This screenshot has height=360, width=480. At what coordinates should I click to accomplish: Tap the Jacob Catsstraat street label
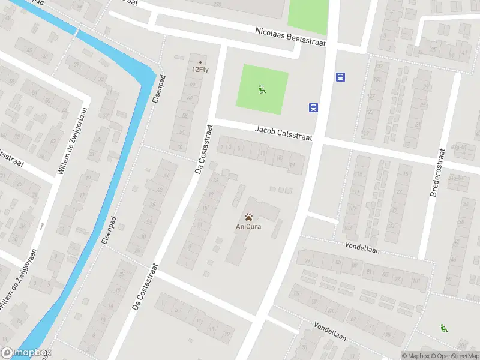coord(284,133)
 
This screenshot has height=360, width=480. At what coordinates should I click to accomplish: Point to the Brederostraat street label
coord(436,174)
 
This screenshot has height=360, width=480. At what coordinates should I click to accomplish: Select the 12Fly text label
coord(200,69)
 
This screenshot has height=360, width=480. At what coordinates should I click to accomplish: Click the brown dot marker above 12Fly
coord(200,62)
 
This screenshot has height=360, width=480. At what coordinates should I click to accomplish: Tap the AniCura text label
coord(248,226)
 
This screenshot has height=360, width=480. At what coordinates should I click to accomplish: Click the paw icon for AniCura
coord(248,216)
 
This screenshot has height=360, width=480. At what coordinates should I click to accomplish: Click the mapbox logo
coord(26,353)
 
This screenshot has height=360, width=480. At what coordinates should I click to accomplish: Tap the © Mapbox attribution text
coord(415,356)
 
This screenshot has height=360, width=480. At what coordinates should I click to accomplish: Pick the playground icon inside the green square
coord(262,90)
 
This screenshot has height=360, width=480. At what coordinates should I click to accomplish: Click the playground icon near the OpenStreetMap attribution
coord(444,328)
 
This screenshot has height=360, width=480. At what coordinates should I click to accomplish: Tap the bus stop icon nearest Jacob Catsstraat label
coord(313,108)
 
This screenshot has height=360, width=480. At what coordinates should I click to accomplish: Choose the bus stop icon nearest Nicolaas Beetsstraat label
coord(340,77)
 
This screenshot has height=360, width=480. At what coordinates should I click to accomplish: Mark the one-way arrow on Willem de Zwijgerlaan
coord(43,226)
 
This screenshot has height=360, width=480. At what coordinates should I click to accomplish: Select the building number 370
coord(217,4)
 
